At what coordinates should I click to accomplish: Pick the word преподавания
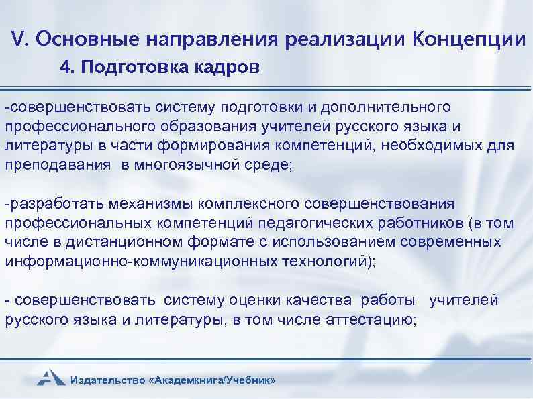point(58,166)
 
